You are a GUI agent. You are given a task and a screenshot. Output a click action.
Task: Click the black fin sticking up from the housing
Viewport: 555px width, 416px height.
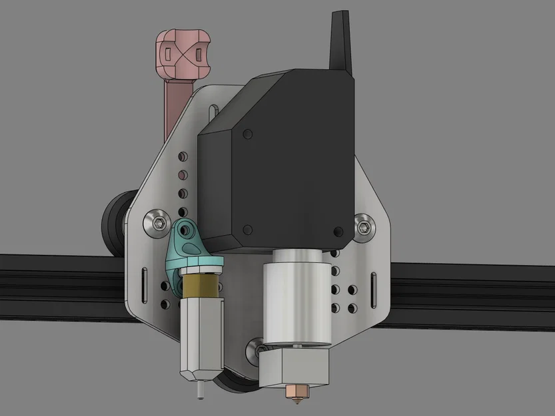[x=342, y=40]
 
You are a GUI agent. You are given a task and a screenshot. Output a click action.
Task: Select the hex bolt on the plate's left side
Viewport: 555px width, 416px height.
[x=159, y=222]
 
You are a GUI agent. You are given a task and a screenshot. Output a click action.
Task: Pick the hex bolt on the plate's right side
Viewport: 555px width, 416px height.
[x=365, y=224]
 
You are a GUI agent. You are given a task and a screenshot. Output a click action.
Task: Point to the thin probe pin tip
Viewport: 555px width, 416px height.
[x=200, y=392]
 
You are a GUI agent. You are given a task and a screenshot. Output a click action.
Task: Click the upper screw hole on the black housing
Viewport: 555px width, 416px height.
[x=249, y=134]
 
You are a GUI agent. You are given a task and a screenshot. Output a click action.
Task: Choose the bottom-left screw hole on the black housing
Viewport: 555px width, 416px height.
[x=247, y=230]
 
